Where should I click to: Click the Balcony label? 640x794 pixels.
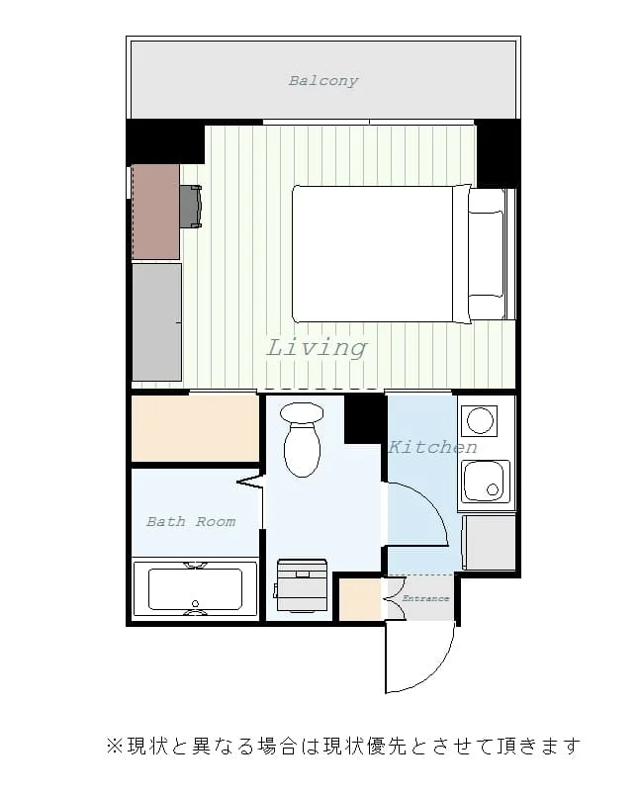pyautogui.click(x=323, y=80)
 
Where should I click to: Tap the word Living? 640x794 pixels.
pyautogui.click(x=317, y=348)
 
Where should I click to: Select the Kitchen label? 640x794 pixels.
pyautogui.click(x=432, y=447)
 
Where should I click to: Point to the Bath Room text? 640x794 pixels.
pyautogui.click(x=191, y=521)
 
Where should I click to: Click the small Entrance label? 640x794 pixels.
pyautogui.click(x=425, y=598)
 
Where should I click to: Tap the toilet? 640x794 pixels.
pyautogui.click(x=302, y=440)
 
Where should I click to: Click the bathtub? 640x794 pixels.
pyautogui.click(x=195, y=588)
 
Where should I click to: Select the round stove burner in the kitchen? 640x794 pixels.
pyautogui.click(x=480, y=420)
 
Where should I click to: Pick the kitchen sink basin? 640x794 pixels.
pyautogui.click(x=486, y=482)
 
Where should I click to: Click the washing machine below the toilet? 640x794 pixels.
pyautogui.click(x=302, y=584)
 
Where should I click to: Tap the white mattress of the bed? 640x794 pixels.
pyautogui.click(x=373, y=254)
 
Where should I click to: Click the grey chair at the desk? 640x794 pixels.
pyautogui.click(x=191, y=207)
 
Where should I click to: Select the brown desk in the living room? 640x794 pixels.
pyautogui.click(x=155, y=212)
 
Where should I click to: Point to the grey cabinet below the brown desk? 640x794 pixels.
pyautogui.click(x=156, y=322)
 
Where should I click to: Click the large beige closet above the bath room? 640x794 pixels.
pyautogui.click(x=196, y=428)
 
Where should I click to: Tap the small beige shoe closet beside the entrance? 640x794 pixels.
pyautogui.click(x=360, y=599)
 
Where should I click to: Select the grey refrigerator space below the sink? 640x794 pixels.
pyautogui.click(x=490, y=542)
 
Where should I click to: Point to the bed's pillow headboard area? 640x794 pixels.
pyautogui.click(x=486, y=254)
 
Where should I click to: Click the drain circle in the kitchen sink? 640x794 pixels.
pyautogui.click(x=493, y=489)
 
